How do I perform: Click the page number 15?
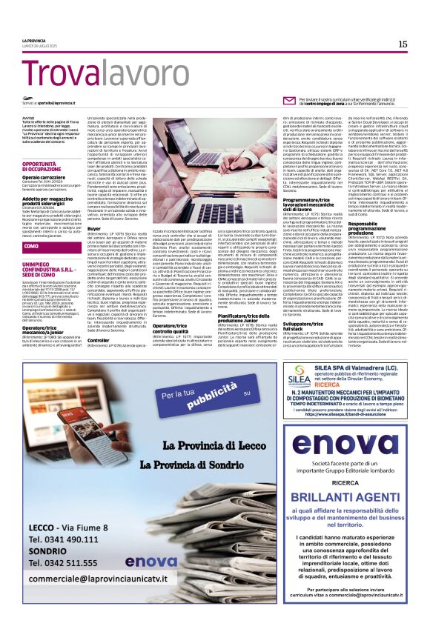pyautogui.click(x=403, y=44)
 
